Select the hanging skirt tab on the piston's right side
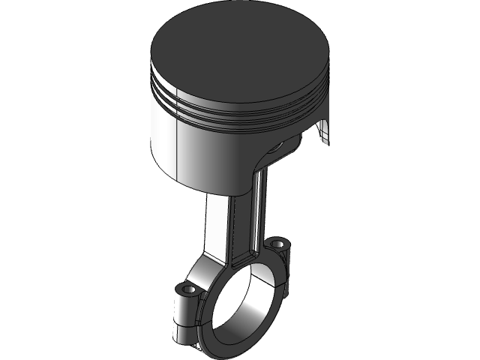(323, 131)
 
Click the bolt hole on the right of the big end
(279, 244)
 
